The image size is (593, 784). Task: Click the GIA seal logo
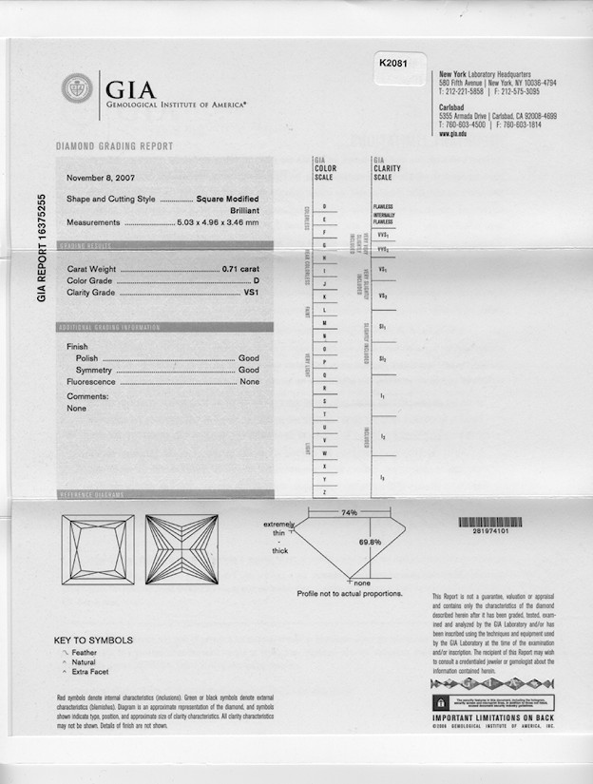point(77,88)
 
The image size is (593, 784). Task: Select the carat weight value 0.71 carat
point(240,270)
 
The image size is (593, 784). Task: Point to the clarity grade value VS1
point(252,294)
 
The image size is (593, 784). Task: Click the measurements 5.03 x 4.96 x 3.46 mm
point(218,222)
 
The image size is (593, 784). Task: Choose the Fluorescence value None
point(249,381)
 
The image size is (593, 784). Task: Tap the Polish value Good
point(248,358)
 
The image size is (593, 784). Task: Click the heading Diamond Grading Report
point(114,146)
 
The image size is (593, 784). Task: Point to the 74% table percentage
point(349,513)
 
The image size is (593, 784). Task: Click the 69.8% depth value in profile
point(370,542)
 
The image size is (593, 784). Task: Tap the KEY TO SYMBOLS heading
point(93,641)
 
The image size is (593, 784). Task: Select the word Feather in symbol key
point(86,653)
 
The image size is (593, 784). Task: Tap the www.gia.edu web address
point(451,134)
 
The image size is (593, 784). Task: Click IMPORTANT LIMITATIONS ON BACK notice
point(493,718)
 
